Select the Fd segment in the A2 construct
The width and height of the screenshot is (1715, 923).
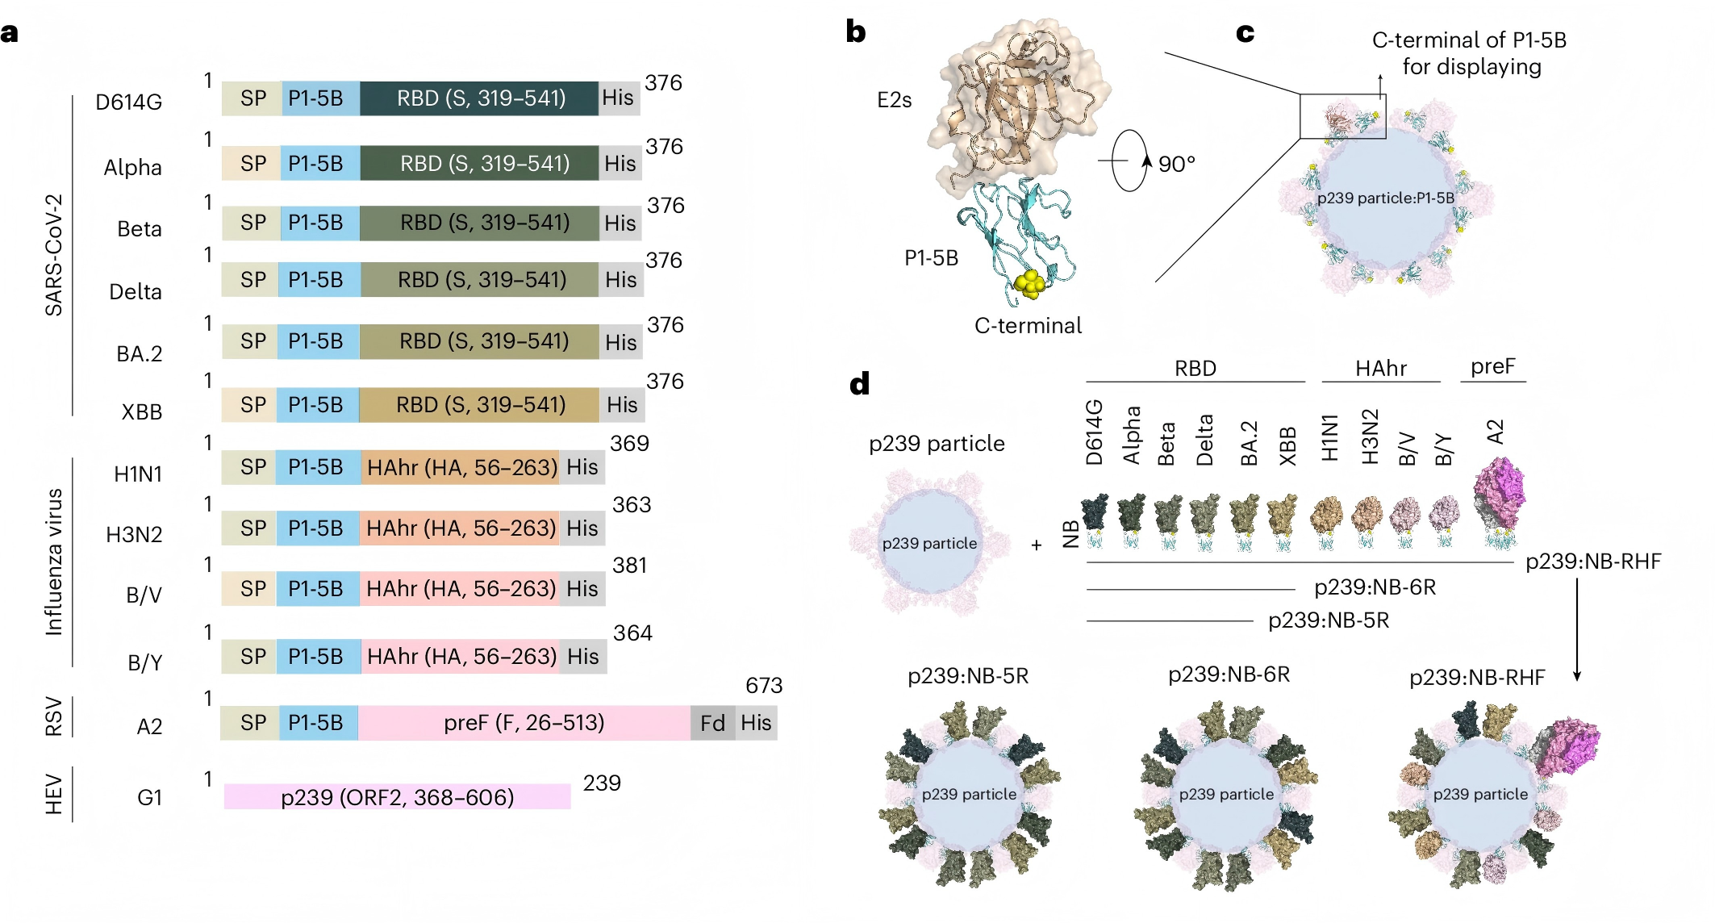tap(712, 723)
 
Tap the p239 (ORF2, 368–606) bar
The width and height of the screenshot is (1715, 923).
tap(397, 797)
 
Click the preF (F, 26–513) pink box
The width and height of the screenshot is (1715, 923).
tap(524, 723)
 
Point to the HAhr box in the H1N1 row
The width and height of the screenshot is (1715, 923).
tap(461, 467)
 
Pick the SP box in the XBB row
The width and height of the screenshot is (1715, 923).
tap(252, 405)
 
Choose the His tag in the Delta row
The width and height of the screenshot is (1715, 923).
tap(620, 280)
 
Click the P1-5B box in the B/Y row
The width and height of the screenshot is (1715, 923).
tap(315, 657)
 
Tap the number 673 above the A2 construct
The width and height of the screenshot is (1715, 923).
tap(763, 686)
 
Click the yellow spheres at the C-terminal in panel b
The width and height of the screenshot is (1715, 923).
tap(1029, 282)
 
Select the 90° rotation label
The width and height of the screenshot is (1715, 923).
tap(1176, 165)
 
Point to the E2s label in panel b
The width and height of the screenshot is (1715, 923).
tap(894, 100)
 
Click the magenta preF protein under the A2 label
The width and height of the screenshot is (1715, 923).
tap(1499, 492)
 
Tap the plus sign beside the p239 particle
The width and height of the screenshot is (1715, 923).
tap(1037, 546)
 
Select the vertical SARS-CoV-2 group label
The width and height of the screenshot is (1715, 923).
tap(53, 255)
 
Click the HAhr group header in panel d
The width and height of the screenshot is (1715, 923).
tap(1380, 369)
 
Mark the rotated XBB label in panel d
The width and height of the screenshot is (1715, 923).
tap(1287, 445)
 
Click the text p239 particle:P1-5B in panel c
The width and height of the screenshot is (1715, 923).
tap(1385, 198)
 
